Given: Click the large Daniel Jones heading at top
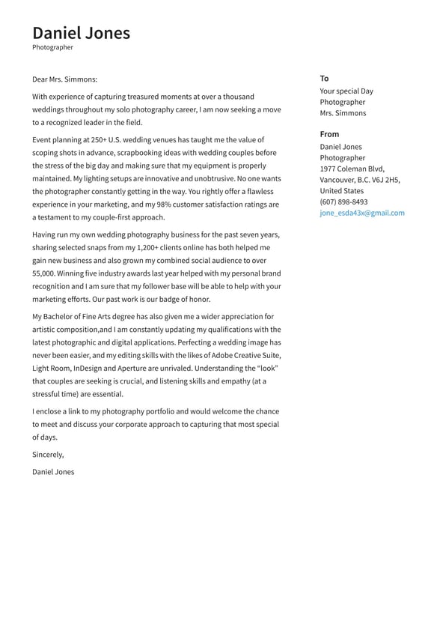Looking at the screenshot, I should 81,33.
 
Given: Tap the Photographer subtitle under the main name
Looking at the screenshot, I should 52,47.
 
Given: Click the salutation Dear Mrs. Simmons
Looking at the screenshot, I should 64,79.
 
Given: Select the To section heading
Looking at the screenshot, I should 324,78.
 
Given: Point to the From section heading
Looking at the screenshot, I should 329,134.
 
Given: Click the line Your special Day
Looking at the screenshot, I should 346,91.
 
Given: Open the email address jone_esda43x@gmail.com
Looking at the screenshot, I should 362,213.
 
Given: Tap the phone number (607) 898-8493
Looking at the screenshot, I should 343,202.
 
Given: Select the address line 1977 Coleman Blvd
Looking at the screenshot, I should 352,169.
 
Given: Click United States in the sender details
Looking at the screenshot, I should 341,190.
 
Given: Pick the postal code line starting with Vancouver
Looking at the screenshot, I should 360,180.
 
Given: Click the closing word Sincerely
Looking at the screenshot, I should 48,454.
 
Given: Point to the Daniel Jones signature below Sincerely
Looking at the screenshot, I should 53,472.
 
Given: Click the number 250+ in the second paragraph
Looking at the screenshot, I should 100,140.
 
